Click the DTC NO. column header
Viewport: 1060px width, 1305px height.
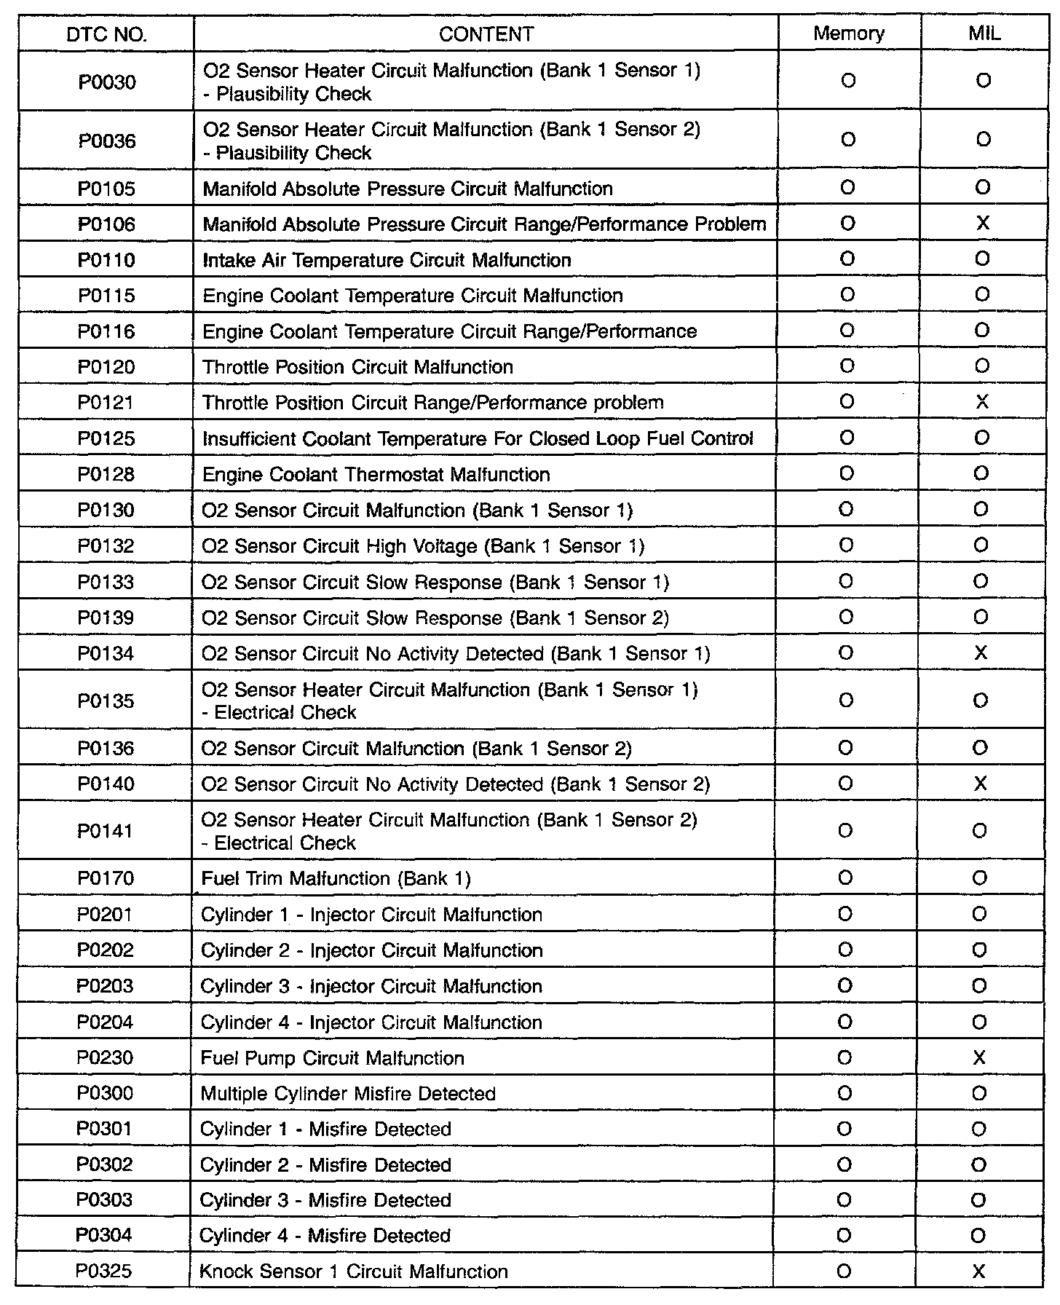(x=106, y=34)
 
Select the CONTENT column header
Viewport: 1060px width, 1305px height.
(x=486, y=34)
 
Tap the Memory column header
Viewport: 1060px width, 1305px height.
(x=849, y=33)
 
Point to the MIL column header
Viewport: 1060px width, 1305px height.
(x=984, y=33)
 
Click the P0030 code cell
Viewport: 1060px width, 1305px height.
(x=107, y=82)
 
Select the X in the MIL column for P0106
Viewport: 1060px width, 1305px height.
(x=982, y=224)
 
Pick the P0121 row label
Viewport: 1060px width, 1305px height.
(x=106, y=403)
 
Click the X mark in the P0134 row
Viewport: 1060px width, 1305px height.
(x=981, y=653)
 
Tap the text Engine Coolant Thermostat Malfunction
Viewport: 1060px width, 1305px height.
(x=376, y=475)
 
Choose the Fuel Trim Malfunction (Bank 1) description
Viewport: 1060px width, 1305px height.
(x=336, y=878)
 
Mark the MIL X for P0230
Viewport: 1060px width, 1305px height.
(x=979, y=1057)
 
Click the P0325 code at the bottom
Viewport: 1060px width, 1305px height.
(x=104, y=1271)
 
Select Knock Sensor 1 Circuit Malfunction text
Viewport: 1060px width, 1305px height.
(x=354, y=1272)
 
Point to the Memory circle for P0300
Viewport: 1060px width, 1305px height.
(x=845, y=1093)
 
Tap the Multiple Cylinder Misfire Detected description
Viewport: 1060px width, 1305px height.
(x=348, y=1094)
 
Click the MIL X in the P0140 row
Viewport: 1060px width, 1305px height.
(x=980, y=784)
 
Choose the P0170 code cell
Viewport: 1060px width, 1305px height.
(x=106, y=878)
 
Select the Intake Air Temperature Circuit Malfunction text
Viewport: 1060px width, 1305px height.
(x=387, y=260)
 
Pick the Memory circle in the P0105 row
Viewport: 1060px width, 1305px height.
(x=847, y=188)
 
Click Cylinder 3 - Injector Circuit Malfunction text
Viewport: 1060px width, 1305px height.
(x=371, y=986)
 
